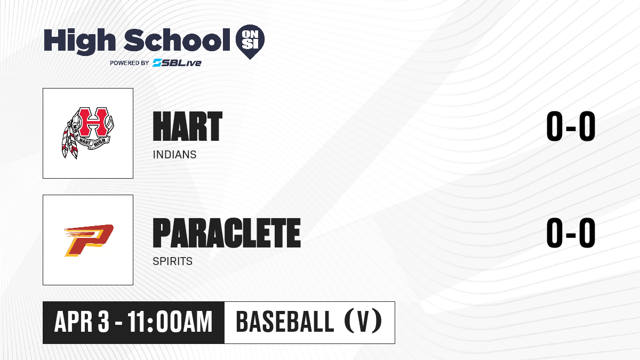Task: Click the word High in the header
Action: click(79, 41)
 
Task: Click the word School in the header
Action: click(177, 39)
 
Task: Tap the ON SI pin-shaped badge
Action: click(250, 42)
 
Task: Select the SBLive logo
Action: click(177, 62)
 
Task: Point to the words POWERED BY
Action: click(130, 63)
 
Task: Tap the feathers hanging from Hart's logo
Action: click(69, 141)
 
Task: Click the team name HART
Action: click(187, 126)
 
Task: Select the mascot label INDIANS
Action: click(174, 155)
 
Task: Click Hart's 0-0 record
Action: click(571, 126)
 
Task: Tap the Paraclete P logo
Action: click(89, 241)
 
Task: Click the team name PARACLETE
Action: click(227, 233)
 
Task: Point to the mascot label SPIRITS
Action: click(173, 261)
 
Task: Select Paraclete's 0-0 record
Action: click(571, 233)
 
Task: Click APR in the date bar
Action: click(74, 322)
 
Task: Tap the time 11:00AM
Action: click(170, 322)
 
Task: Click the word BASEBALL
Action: click(285, 322)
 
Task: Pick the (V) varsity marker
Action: click(363, 322)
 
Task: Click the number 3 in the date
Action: click(103, 322)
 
